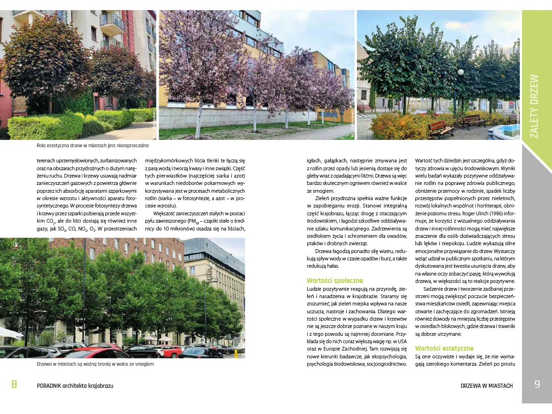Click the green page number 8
tap(14, 385)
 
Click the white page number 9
tap(537, 385)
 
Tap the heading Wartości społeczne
tap(334, 281)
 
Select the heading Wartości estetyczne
tap(444, 348)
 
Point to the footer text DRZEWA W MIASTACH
tap(486, 385)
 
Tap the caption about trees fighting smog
tap(95, 364)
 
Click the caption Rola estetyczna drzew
tap(92, 146)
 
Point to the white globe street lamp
tap(460, 72)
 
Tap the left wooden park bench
tap(441, 128)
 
